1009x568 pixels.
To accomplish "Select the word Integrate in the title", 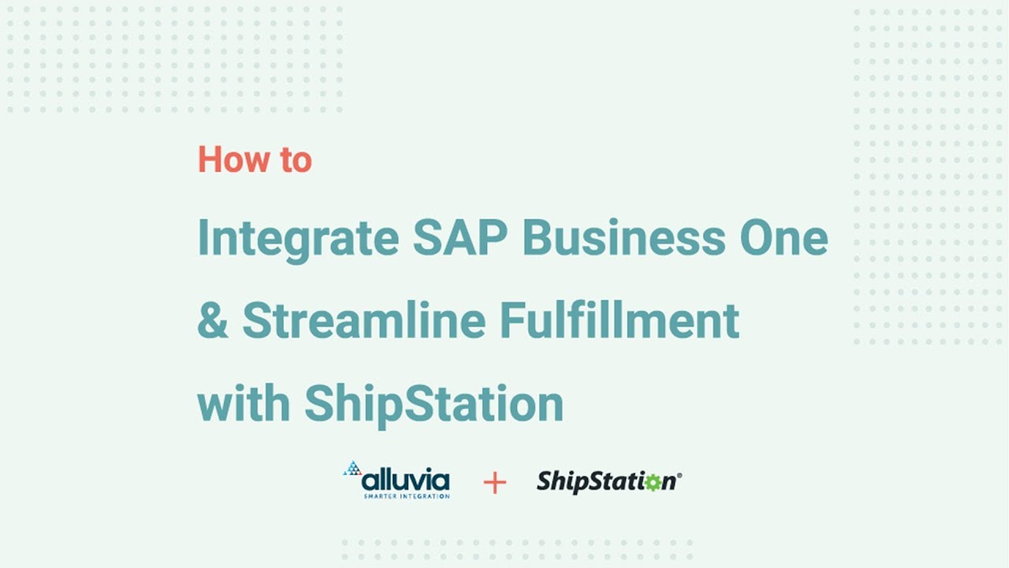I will [298, 238].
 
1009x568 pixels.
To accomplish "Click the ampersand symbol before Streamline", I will [211, 320].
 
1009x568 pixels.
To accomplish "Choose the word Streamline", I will [363, 319].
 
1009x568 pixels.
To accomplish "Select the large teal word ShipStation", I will [434, 404].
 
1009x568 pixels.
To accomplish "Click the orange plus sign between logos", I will [494, 482].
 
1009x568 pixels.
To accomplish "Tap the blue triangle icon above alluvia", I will [352, 469].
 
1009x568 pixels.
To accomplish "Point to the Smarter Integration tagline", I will [406, 496].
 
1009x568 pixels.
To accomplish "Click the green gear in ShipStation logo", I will [651, 482].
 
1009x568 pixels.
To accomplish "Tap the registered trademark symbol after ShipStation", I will [679, 475].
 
